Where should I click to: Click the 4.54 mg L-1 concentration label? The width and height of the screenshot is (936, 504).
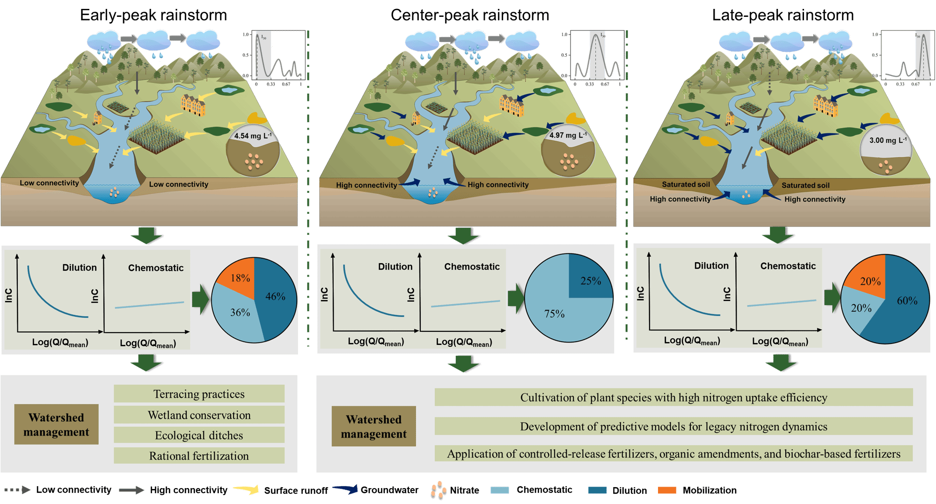pos(252,136)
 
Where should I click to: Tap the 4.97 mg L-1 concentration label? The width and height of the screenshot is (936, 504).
pos(567,135)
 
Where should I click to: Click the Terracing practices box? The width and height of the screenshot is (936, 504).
pos(199,394)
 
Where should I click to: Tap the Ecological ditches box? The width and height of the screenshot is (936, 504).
pos(199,435)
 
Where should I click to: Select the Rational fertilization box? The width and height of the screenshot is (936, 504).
pos(199,456)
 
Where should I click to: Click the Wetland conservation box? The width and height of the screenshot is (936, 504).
pos(199,415)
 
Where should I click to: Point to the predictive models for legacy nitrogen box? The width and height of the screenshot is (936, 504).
pos(673,426)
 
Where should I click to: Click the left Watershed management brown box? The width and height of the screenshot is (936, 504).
pos(56,424)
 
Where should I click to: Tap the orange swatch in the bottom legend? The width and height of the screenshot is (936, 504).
pos(666,490)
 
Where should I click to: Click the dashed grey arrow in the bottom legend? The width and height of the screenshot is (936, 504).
pos(17,490)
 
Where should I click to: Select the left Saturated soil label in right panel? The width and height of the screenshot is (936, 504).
pos(686,184)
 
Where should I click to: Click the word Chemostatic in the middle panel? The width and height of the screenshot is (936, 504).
pos(472,267)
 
